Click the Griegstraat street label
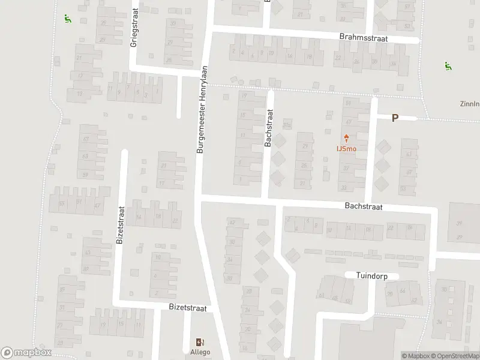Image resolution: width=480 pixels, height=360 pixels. coord(134,28)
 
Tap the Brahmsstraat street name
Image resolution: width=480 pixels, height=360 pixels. coord(363,37)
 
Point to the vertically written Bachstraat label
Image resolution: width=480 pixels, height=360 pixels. coord(268,127)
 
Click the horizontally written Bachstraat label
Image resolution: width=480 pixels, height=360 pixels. coord(364,206)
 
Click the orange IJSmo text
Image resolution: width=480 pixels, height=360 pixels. coord(346,148)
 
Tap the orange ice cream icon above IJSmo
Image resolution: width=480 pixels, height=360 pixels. coord(346,138)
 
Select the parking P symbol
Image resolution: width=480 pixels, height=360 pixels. coord(395,118)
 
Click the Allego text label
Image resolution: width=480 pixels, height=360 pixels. coord(201,352)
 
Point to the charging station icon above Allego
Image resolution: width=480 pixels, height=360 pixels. coord(201,341)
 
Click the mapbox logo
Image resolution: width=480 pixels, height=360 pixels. coord(26,353)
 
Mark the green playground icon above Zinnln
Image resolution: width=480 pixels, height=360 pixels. coord(446,65)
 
